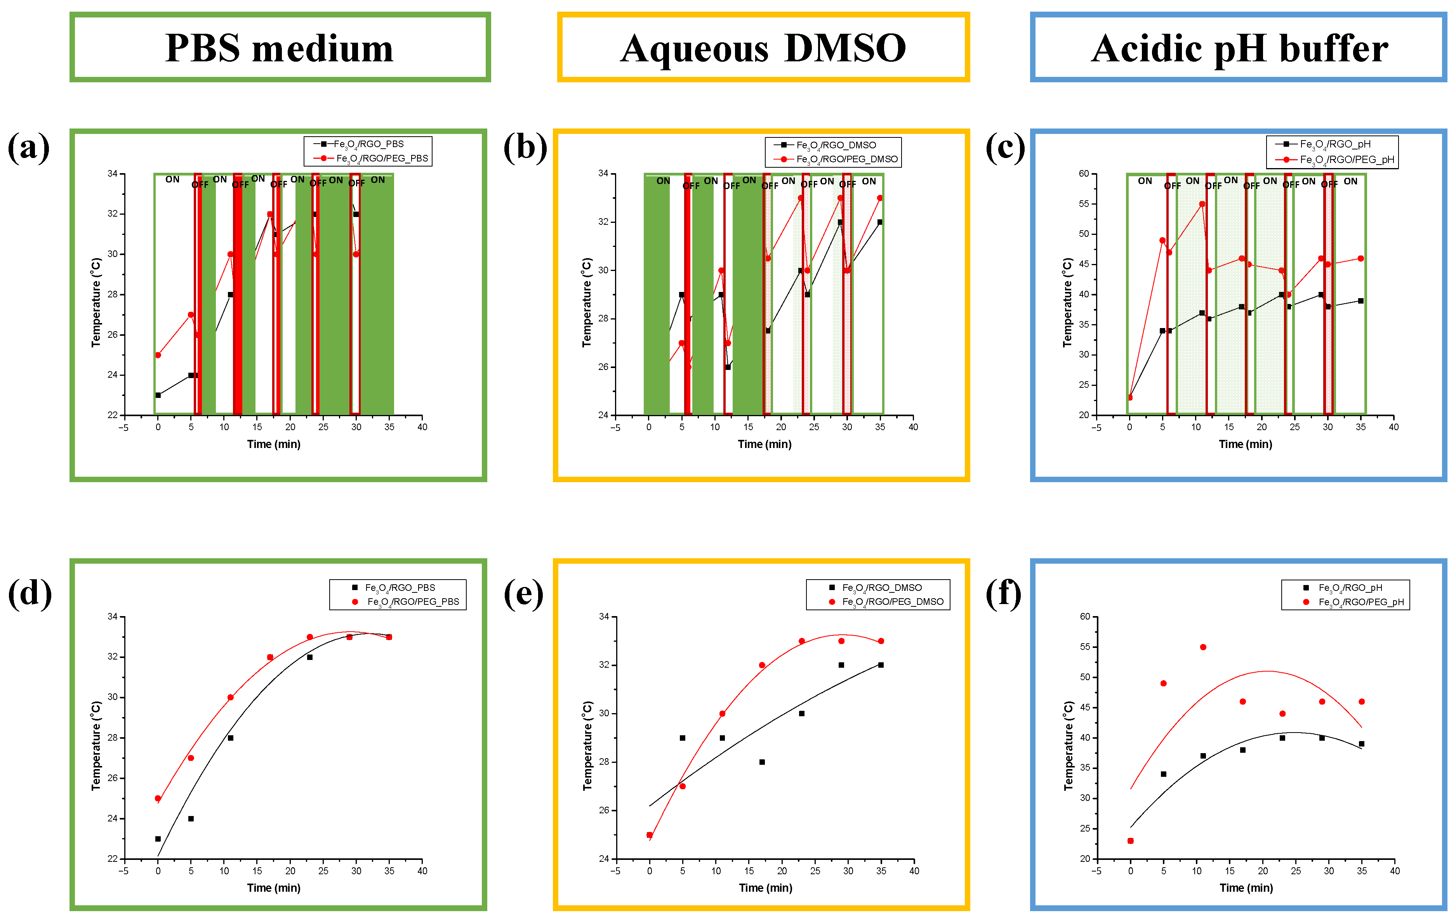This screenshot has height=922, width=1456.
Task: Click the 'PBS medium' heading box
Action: [279, 47]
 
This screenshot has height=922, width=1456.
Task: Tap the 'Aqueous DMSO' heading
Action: [763, 47]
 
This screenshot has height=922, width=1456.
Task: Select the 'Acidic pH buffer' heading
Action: [1239, 47]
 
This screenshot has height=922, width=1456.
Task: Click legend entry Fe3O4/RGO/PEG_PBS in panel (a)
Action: [381, 158]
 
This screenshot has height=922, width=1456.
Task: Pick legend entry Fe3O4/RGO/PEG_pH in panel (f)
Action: [1360, 602]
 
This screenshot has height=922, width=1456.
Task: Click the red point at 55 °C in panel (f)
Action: [1202, 647]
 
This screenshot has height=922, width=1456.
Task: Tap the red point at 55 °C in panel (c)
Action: [1202, 204]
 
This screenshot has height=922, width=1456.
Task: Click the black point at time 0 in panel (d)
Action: [158, 839]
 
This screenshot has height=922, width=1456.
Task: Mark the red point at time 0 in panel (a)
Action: [158, 355]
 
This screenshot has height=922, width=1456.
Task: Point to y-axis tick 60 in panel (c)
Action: [1084, 174]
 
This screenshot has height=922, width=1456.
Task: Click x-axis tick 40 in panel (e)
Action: [914, 871]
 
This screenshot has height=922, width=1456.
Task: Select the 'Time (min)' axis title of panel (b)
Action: [764, 445]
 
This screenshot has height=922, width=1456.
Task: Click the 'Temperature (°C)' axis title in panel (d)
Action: [96, 745]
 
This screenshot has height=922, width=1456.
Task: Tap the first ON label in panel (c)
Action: [1145, 181]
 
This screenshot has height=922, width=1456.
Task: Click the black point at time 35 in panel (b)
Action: [880, 222]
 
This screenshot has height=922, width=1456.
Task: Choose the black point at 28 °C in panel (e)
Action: [762, 762]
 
